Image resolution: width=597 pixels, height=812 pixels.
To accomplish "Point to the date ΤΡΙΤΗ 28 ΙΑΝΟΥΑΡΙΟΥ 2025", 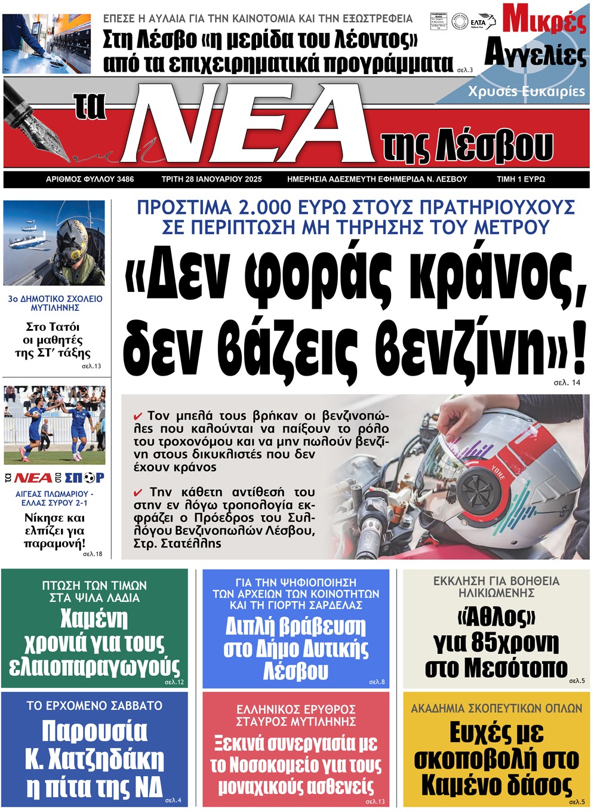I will tap(211, 179).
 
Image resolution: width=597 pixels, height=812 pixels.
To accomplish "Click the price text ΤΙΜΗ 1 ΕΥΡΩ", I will tap(521, 179).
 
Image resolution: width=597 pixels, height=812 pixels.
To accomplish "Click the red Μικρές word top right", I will tap(544, 19).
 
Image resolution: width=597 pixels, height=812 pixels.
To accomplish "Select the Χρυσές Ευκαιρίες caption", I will tap(526, 91).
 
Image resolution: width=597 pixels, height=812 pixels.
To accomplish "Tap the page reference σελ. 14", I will tap(567, 383).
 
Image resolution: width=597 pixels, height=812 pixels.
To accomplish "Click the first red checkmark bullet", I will tap(138, 416).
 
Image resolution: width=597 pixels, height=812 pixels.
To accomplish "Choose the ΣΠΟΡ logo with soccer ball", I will tap(84, 478).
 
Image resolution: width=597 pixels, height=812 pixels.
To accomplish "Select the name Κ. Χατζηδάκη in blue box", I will tap(94, 759).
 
